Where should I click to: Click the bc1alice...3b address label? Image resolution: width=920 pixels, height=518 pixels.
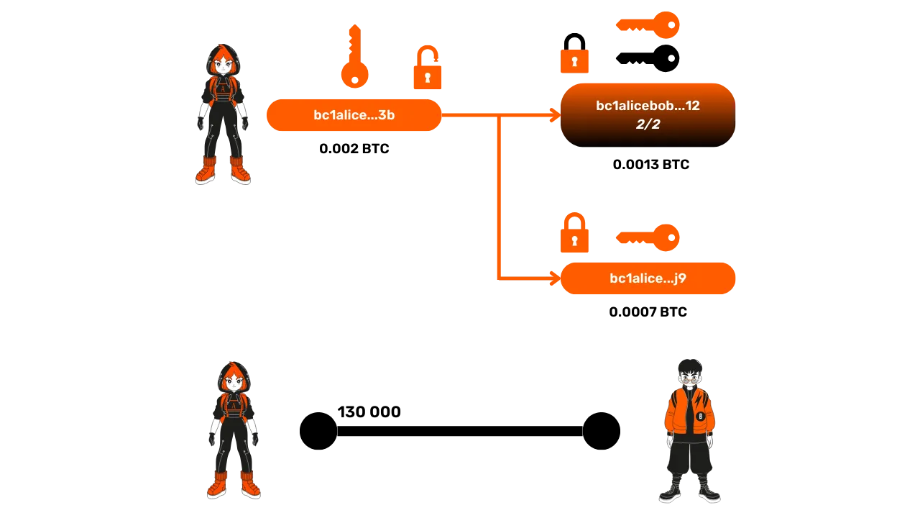click(354, 115)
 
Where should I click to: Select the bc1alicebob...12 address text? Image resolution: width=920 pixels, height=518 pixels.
click(648, 106)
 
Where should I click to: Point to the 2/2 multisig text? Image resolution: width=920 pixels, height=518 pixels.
click(648, 124)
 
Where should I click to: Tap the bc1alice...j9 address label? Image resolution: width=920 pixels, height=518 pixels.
click(648, 278)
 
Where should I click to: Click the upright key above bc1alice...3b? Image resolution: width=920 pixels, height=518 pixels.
click(354, 58)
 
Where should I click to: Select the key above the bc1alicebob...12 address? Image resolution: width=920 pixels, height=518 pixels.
click(648, 26)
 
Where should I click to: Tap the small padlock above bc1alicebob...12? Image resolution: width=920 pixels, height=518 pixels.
click(575, 61)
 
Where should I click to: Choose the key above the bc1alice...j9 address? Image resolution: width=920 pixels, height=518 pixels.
click(648, 237)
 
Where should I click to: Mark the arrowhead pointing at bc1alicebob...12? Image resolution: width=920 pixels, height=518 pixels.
click(553, 115)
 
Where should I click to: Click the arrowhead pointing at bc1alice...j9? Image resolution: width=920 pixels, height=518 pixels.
click(553, 278)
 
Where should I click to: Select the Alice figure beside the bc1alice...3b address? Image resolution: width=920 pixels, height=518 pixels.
click(224, 115)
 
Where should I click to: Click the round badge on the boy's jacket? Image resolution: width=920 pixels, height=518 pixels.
click(700, 416)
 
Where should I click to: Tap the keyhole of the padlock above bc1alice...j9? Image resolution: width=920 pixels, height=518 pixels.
click(575, 240)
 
